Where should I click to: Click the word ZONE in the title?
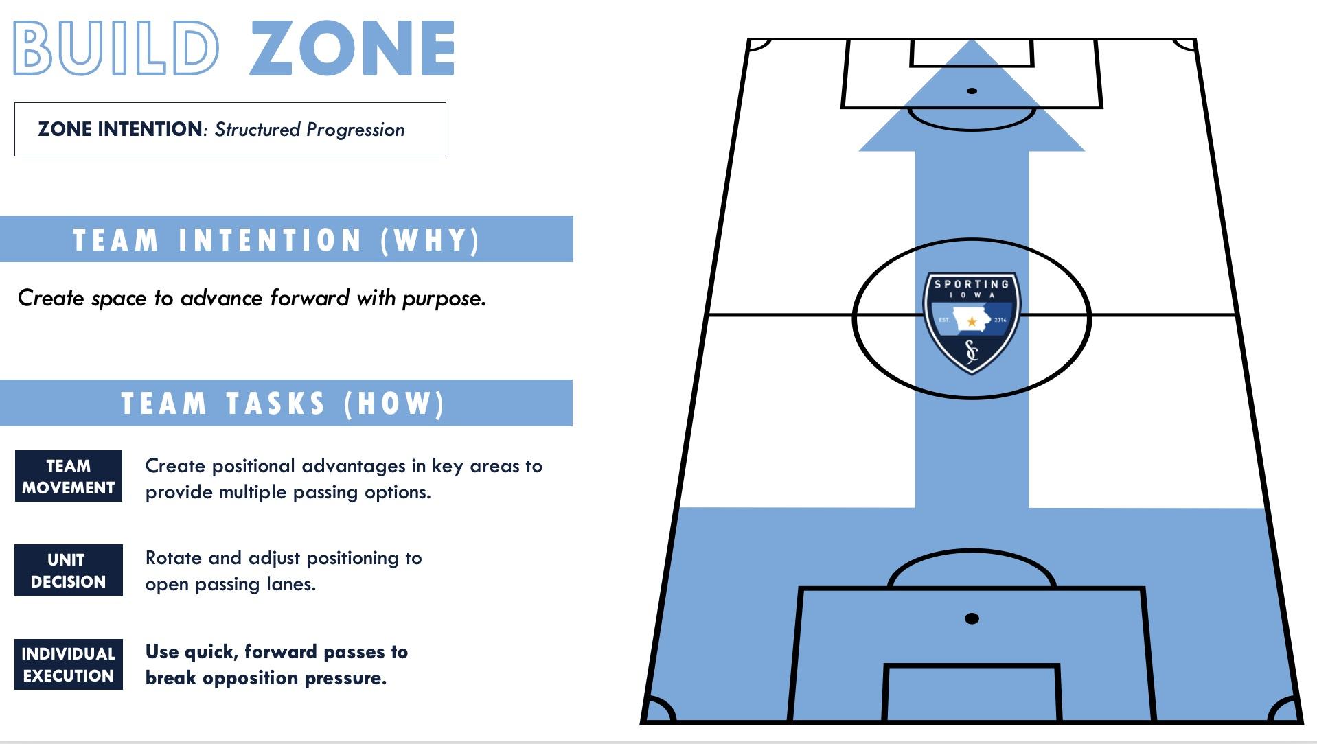tap(352, 47)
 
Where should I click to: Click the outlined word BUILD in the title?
tap(116, 47)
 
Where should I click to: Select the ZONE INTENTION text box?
tap(230, 130)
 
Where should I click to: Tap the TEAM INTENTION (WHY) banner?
tap(286, 240)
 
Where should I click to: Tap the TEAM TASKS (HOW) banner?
tap(286, 403)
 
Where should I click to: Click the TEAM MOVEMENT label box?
tap(68, 476)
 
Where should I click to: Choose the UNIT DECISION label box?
tap(68, 570)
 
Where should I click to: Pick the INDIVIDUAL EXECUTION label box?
tap(68, 664)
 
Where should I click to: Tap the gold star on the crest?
tap(972, 321)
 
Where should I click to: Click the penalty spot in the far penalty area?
tap(972, 91)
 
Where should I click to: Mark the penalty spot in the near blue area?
tap(972, 618)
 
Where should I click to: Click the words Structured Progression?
tap(310, 130)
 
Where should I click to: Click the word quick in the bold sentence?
tap(211, 652)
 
